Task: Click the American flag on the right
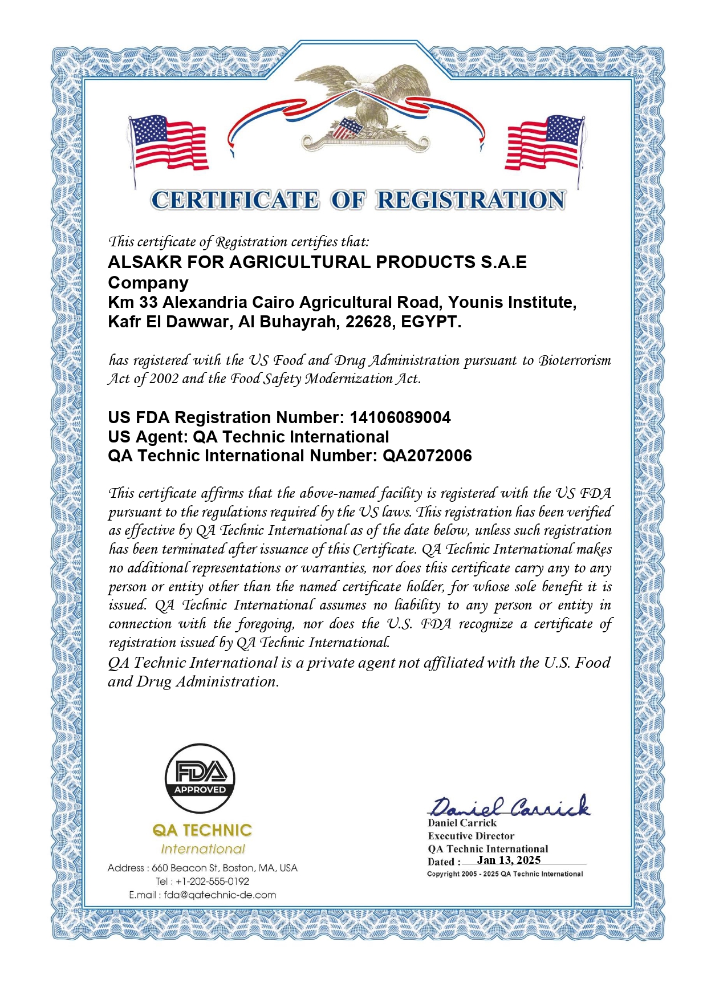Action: click(545, 143)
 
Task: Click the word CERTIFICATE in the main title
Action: click(235, 200)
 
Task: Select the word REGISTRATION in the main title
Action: click(470, 200)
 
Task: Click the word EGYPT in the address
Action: click(430, 322)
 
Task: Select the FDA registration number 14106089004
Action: click(400, 418)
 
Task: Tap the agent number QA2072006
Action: click(427, 456)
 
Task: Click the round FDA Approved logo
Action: click(200, 778)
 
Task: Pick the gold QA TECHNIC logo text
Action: click(202, 830)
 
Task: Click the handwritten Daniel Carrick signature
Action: click(509, 806)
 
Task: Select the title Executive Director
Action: click(471, 836)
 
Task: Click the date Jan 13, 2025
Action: click(509, 860)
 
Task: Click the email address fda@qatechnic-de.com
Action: click(220, 895)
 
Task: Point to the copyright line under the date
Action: click(505, 874)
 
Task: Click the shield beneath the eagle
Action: click(346, 128)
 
